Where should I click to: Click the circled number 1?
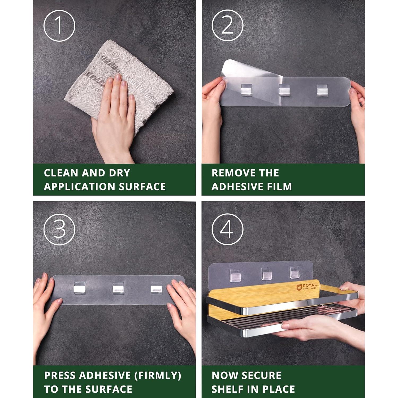pos(59,26)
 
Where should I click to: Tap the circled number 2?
pos(227,26)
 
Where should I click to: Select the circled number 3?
pos(59,229)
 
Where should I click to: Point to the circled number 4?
pos(227,229)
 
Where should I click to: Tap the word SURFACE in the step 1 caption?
pos(142,187)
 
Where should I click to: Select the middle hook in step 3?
pos(118,288)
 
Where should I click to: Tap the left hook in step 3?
pos(80,288)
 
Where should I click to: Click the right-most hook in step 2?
pos(322,90)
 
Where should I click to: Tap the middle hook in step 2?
pos(284,90)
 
